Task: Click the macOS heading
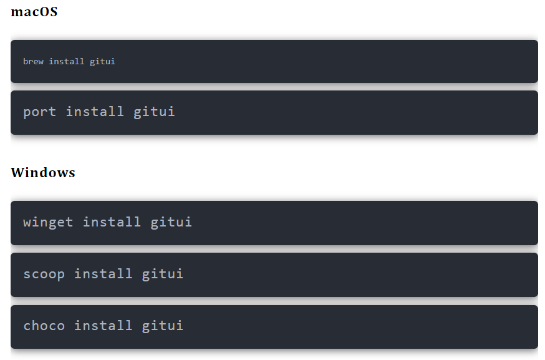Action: [x=34, y=12]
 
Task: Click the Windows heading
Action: [x=43, y=173]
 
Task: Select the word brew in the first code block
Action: [x=34, y=62]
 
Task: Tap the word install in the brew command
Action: [x=66, y=62]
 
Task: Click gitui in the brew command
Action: [x=102, y=62]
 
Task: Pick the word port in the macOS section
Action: [x=39, y=112]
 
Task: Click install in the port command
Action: [x=95, y=111]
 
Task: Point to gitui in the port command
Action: [x=154, y=112]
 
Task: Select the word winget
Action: [x=48, y=222]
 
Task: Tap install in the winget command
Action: [x=112, y=221]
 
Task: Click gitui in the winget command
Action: [x=171, y=222]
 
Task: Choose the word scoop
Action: [x=44, y=275]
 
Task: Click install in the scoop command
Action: [x=104, y=273]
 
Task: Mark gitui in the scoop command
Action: [x=162, y=274]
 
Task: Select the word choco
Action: [x=44, y=326]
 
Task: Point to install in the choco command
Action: [x=104, y=325]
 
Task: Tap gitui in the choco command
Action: [x=162, y=326]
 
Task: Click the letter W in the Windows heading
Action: [x=17, y=173]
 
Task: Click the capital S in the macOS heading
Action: [x=53, y=12]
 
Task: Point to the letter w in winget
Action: [x=27, y=223]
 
